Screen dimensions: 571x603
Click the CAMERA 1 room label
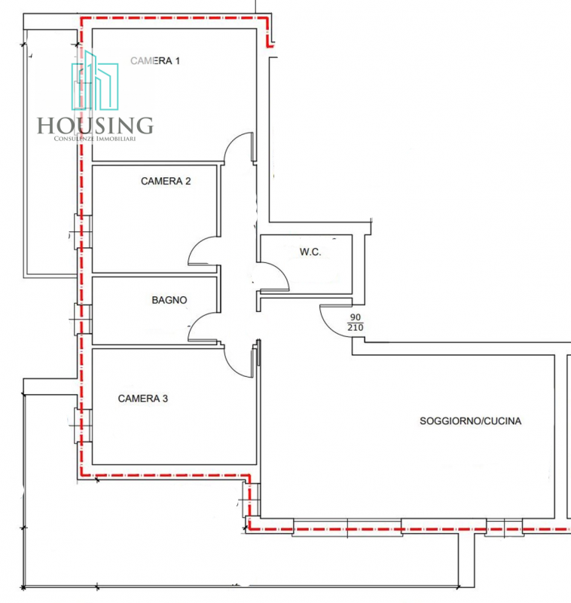click(x=155, y=61)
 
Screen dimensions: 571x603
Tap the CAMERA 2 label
click(x=166, y=181)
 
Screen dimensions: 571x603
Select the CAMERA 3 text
click(x=143, y=399)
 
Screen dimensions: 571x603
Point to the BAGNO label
click(x=169, y=300)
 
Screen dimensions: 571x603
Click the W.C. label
click(x=310, y=252)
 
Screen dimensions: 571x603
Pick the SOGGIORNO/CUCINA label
click(x=470, y=421)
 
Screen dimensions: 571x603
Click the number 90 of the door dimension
click(x=356, y=317)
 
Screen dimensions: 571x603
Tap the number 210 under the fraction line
click(x=356, y=327)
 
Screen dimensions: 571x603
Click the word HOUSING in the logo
click(x=95, y=126)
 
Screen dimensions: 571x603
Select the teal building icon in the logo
click(x=95, y=81)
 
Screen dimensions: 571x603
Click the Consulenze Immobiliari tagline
click(x=95, y=139)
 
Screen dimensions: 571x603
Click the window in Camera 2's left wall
click(x=83, y=232)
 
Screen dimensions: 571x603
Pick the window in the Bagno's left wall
click(x=83, y=319)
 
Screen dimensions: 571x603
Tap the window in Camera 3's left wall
click(x=83, y=425)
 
